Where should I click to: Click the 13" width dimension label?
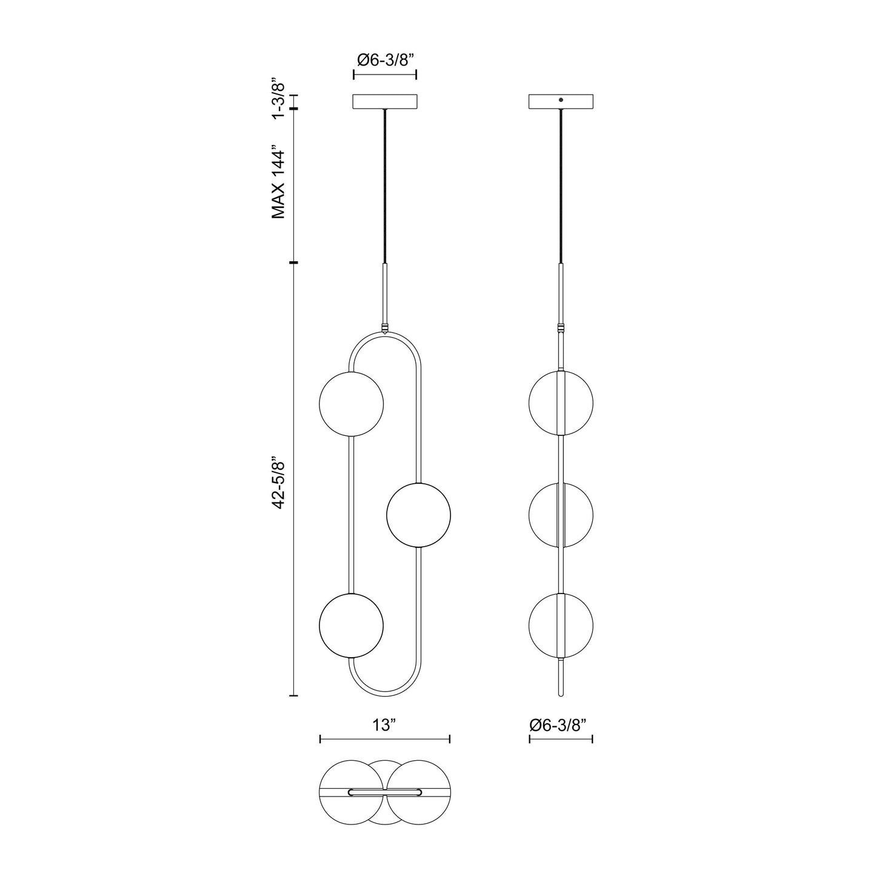pos(384,724)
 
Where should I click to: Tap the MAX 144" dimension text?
pos(278,181)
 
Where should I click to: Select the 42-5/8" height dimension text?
pos(278,482)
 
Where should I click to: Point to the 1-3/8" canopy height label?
pos(278,99)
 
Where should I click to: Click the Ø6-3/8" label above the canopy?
pos(385,60)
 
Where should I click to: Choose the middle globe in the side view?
pos(561,515)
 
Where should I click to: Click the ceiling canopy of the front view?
pos(385,101)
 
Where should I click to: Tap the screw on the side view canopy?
pos(561,99)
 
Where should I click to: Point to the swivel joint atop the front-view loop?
pos(385,330)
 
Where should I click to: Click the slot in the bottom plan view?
pos(385,792)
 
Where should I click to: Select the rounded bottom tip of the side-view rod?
pos(561,693)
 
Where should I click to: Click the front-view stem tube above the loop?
pos(385,293)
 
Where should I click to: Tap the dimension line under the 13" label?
pos(385,739)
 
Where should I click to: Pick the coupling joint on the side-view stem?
pos(561,329)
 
